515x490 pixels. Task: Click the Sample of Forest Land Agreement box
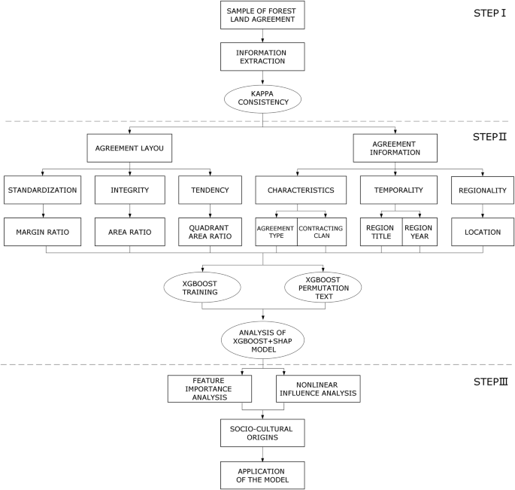click(262, 17)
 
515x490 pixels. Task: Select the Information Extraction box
click(262, 56)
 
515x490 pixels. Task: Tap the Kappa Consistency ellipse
click(262, 98)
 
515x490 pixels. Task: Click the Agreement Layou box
click(130, 149)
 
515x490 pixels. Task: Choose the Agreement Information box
click(395, 149)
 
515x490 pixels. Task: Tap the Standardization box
click(43, 190)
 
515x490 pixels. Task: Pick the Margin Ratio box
click(43, 231)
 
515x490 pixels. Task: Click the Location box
click(483, 231)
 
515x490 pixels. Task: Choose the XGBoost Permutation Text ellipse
click(322, 287)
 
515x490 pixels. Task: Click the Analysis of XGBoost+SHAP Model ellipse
click(262, 337)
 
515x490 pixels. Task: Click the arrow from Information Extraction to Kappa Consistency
click(262, 78)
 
